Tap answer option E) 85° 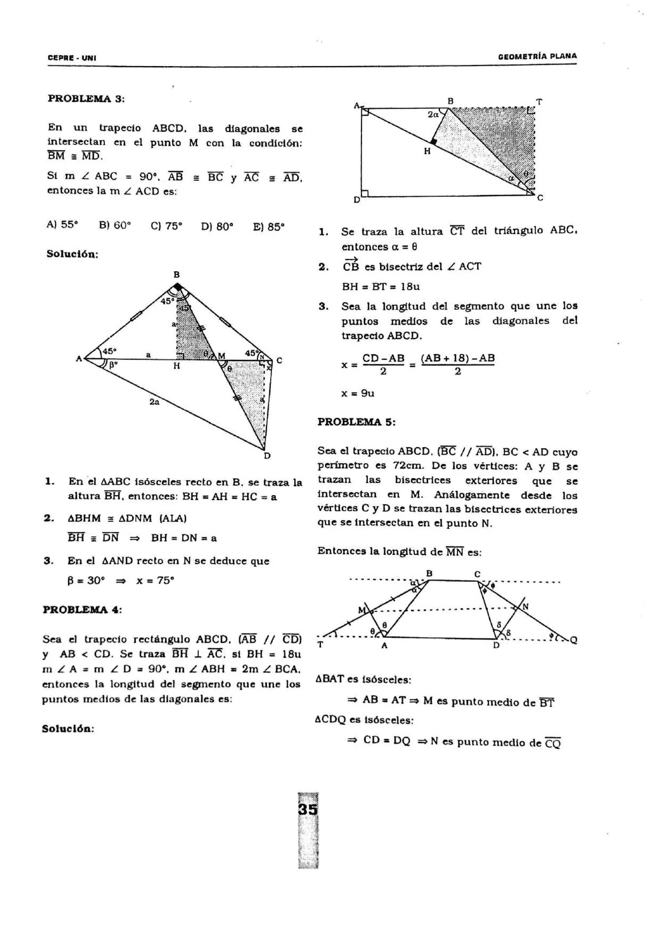click(269, 226)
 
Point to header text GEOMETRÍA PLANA click(537, 56)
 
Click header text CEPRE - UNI click(72, 58)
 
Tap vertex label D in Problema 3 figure click(267, 456)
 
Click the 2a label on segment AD click(154, 402)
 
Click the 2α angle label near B click(433, 115)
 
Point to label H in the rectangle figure click(427, 152)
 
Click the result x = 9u click(358, 393)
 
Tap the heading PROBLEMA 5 click(356, 422)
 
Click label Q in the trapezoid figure click(574, 640)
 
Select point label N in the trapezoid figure click(525, 606)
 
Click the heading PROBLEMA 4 click(83, 610)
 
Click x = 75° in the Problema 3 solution click(155, 580)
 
